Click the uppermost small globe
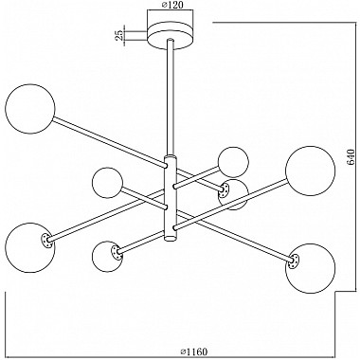click(x=232, y=161)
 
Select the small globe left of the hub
click(x=108, y=181)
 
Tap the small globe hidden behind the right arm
click(x=233, y=193)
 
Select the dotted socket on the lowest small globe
click(x=117, y=251)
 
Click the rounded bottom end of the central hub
click(x=171, y=241)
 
